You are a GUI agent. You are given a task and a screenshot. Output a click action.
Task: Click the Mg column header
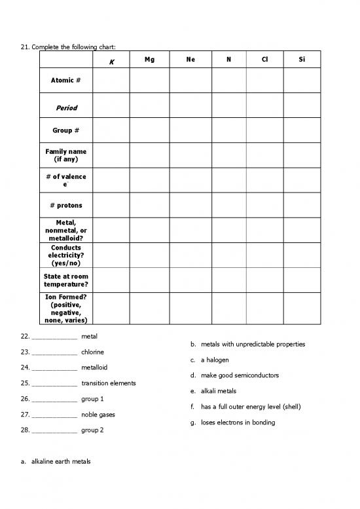pos(150,60)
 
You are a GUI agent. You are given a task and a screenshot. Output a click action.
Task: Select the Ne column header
pos(190,60)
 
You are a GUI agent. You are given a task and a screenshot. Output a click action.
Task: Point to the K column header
pos(112,62)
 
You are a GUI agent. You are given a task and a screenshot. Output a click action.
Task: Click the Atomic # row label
pos(65,81)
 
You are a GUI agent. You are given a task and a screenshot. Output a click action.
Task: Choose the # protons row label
pos(65,205)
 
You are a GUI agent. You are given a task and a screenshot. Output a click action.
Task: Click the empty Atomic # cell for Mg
pos(150,81)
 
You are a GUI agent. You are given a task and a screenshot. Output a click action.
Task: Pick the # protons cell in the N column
pos(228,205)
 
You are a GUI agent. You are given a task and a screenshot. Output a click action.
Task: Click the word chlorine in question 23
pos(92,352)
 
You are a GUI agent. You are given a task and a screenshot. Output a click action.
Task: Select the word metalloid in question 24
pos(94,368)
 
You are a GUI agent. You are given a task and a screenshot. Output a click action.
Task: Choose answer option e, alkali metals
pos(219,391)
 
